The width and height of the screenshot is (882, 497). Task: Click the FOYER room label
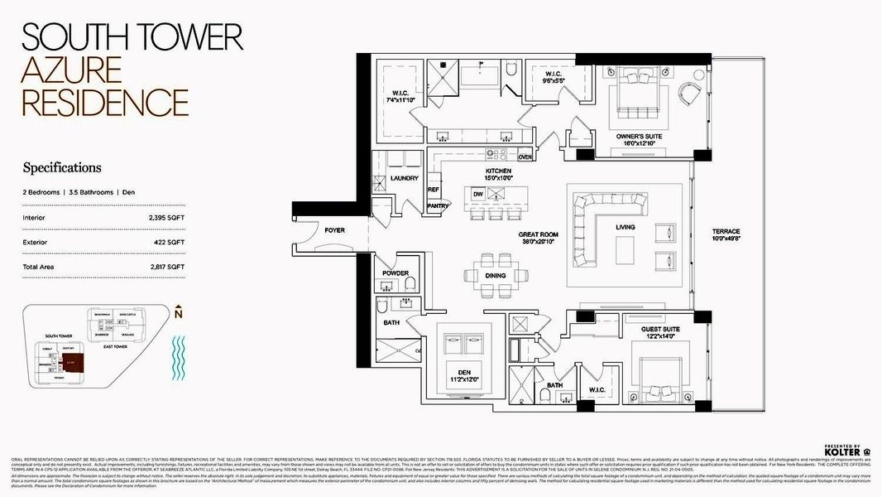click(x=334, y=229)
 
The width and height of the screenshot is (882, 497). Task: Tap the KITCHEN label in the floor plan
click(x=499, y=171)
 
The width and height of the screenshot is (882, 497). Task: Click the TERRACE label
click(x=726, y=231)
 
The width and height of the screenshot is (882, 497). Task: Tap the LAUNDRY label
click(x=404, y=178)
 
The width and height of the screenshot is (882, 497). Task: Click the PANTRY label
click(x=437, y=205)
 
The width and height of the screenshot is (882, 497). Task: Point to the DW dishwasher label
click(x=477, y=194)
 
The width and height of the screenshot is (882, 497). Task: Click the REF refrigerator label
click(x=433, y=190)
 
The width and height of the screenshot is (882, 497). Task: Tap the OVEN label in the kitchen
click(x=525, y=157)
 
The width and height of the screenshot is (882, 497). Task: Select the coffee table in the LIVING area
click(x=625, y=248)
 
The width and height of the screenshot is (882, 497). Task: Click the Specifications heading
click(x=62, y=167)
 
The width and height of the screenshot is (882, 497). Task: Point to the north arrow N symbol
click(x=179, y=313)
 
